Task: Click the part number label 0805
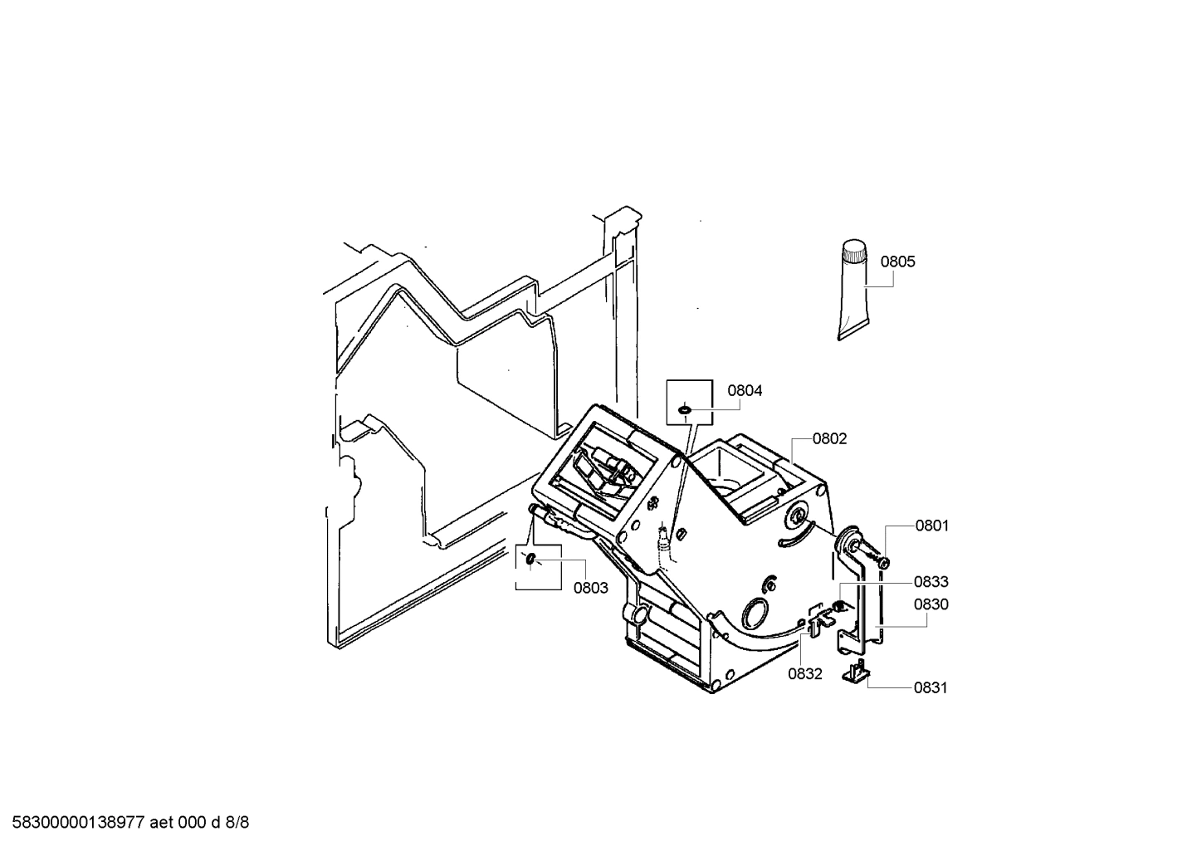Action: (897, 262)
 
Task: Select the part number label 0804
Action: (745, 390)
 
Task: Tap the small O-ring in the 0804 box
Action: (685, 408)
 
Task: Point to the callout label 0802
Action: (829, 438)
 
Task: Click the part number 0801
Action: (932, 526)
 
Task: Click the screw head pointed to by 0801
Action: (883, 563)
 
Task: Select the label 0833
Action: (931, 582)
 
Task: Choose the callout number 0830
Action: (931, 604)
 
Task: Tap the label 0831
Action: (931, 687)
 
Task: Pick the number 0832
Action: (805, 674)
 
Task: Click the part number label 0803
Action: (591, 588)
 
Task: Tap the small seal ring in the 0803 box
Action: (530, 560)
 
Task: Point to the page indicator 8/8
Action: (237, 823)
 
